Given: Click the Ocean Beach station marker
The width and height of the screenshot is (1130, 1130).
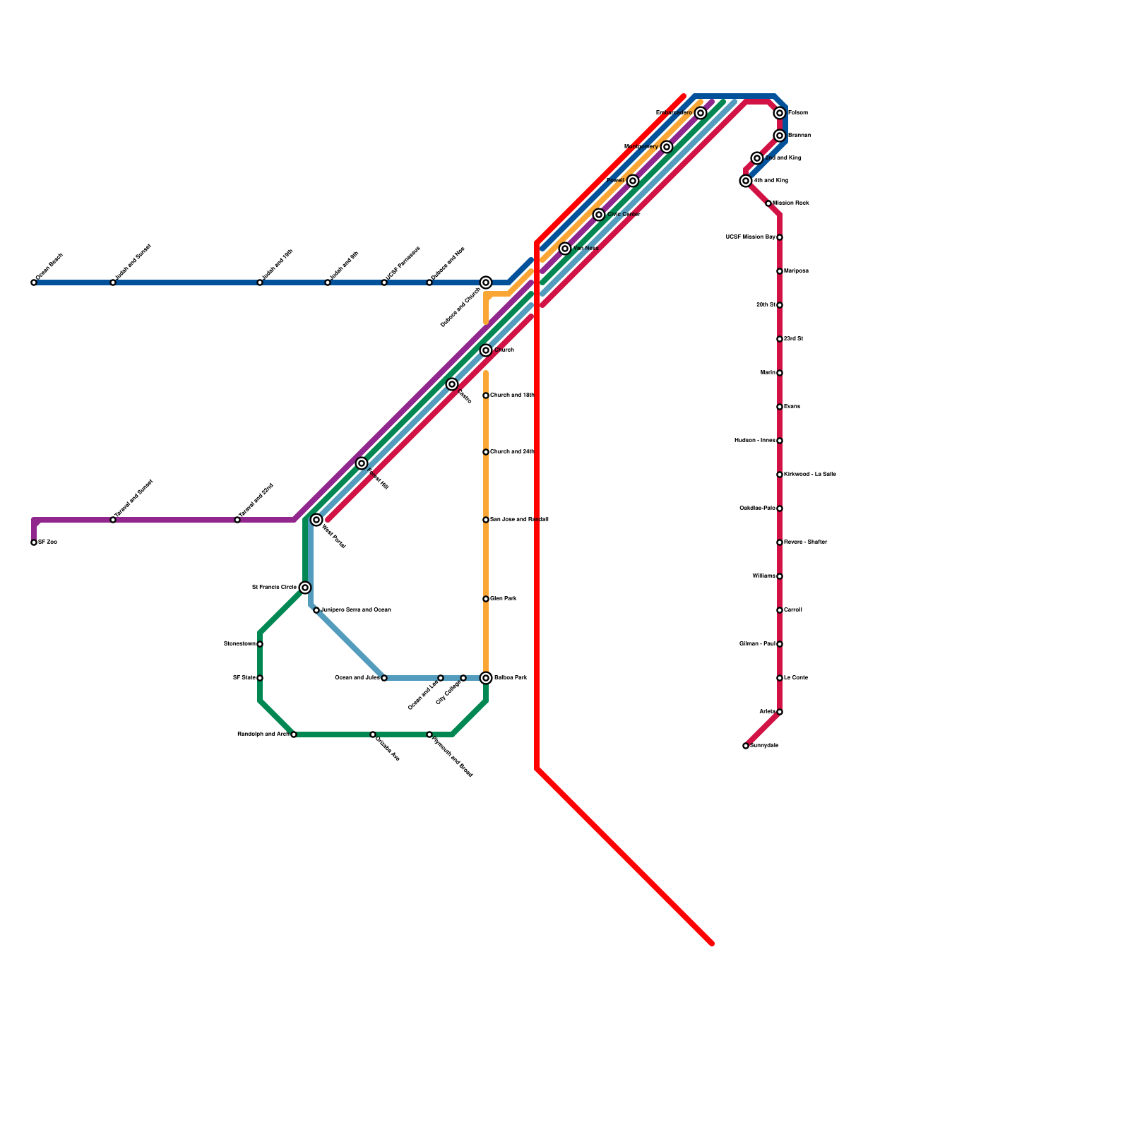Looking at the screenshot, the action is (x=34, y=282).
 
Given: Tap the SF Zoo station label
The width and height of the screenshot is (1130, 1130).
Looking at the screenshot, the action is (x=47, y=542).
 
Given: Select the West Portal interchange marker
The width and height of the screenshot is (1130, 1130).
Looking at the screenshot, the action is (x=316, y=520).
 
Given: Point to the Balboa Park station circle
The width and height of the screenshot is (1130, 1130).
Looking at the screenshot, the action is (x=486, y=678).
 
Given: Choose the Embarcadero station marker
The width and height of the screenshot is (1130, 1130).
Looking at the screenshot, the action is (x=701, y=113).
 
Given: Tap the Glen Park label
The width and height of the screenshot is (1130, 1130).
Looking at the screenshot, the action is (x=504, y=599).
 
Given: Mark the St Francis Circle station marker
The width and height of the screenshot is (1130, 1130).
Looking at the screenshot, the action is (x=305, y=588).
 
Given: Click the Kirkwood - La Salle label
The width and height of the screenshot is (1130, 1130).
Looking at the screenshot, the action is (x=810, y=475).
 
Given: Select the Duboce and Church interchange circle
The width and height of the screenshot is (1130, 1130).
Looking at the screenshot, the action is (x=486, y=282).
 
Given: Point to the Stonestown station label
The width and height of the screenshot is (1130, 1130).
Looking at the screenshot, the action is (x=239, y=644).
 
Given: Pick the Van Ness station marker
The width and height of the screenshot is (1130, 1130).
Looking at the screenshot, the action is (x=565, y=249).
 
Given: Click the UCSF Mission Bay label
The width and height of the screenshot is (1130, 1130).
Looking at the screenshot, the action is (x=750, y=237).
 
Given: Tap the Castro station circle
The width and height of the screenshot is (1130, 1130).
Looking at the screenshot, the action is (x=452, y=384).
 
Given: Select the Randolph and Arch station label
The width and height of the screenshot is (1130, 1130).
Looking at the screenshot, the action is (x=263, y=734).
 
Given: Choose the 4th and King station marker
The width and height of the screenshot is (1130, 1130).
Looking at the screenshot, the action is (x=746, y=181).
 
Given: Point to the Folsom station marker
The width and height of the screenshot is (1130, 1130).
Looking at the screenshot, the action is (x=780, y=113).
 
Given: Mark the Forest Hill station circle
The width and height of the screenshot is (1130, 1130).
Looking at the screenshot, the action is (x=362, y=463).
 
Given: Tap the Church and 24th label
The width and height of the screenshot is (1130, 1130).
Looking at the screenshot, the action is (x=512, y=452).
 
